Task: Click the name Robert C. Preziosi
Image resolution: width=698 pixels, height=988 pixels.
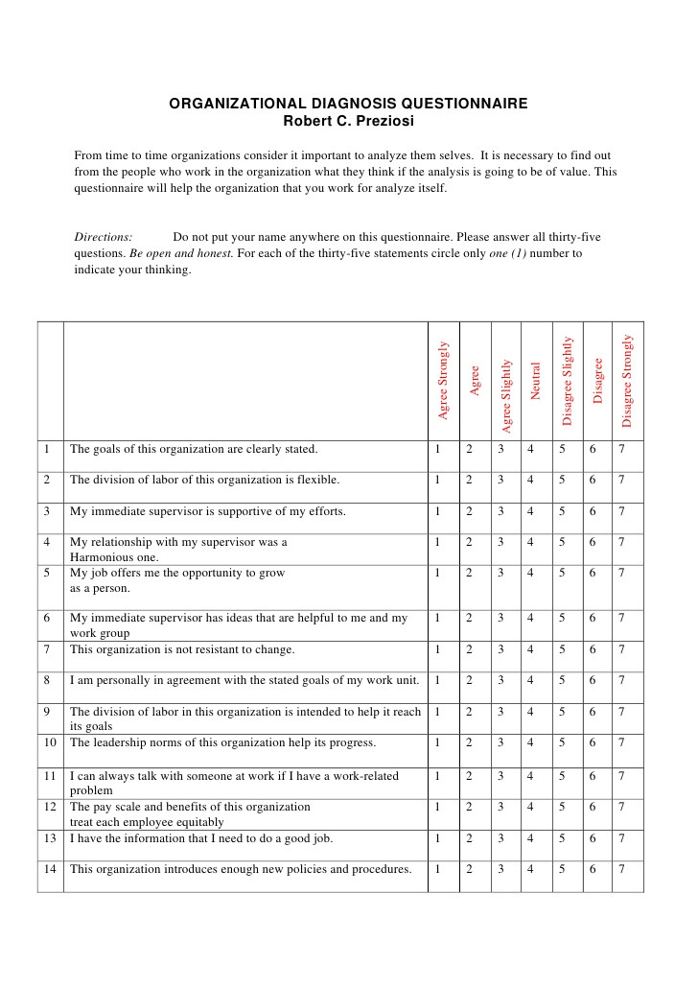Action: (348, 120)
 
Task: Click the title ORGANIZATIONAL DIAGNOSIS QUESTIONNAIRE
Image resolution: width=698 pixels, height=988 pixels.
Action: (348, 104)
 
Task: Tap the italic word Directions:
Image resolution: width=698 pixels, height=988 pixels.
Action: (104, 237)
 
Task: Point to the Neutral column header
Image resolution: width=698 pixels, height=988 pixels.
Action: (536, 381)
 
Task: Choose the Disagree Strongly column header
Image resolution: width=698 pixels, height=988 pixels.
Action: (627, 380)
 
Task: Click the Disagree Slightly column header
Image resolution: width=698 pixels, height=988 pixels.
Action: (568, 381)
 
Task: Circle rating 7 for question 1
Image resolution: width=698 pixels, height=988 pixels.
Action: (621, 449)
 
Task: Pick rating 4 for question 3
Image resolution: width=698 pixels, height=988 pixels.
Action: (529, 511)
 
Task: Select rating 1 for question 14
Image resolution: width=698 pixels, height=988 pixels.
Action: (437, 869)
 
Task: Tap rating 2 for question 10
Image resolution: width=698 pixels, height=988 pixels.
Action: (469, 742)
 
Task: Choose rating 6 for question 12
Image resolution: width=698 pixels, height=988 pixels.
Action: (593, 807)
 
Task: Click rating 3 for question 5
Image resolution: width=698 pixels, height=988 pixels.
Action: (500, 573)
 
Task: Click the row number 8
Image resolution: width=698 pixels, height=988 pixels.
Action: (46, 680)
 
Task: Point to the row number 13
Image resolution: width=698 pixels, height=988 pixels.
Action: (50, 838)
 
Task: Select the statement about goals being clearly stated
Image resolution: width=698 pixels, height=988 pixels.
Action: (194, 449)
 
